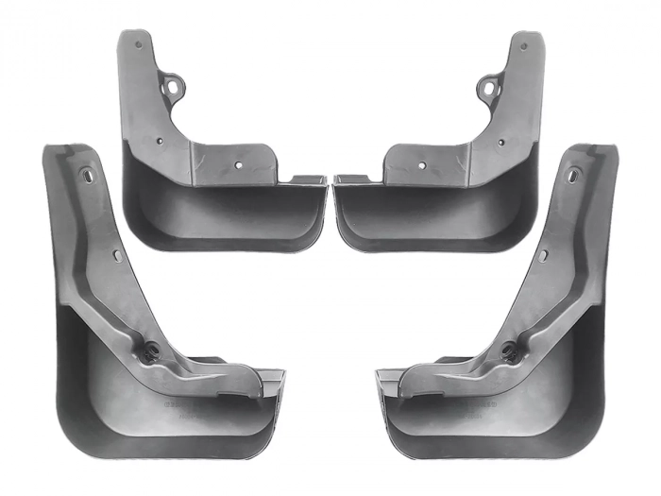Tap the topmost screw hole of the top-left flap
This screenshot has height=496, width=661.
(x=139, y=43)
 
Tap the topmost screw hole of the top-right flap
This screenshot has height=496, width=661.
(x=522, y=43)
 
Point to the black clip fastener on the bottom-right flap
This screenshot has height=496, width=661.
(x=510, y=352)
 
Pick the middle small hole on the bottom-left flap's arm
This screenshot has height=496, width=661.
(x=117, y=255)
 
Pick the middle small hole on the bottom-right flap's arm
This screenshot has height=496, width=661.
(x=544, y=255)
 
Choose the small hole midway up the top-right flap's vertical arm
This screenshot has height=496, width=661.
(x=502, y=142)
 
